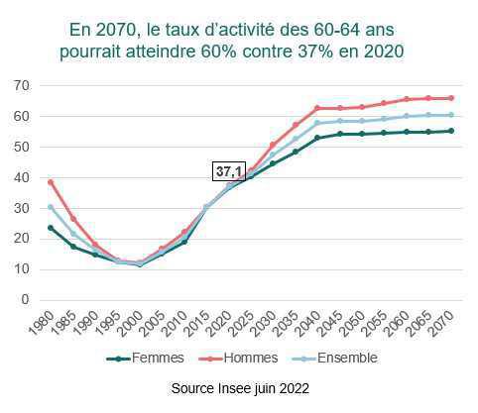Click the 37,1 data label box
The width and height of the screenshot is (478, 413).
click(229, 171)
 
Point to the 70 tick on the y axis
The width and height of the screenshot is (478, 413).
click(19, 85)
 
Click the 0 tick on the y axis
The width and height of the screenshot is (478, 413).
click(23, 300)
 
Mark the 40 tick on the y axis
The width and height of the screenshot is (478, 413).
click(19, 177)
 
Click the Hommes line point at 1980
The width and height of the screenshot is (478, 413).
click(51, 182)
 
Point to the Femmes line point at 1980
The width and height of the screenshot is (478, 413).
click(51, 228)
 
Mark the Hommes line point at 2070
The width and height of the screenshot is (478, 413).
click(452, 98)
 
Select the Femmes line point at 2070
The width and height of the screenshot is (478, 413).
click(452, 131)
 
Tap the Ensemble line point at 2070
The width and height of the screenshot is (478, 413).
click(452, 115)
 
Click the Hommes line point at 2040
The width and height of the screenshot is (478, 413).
click(317, 108)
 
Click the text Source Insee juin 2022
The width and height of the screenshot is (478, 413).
click(239, 390)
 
